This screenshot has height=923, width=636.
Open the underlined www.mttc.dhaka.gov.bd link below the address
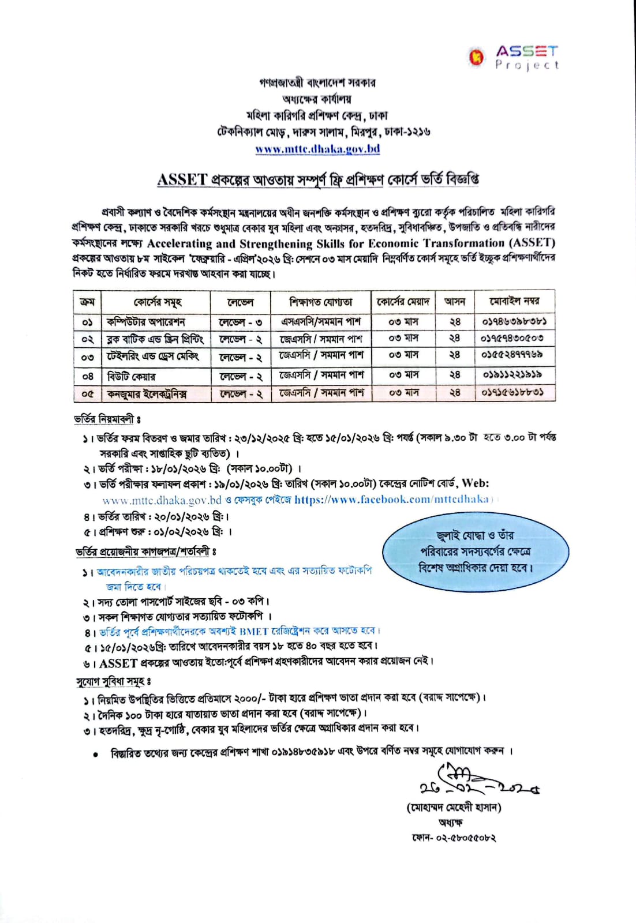tap(317, 149)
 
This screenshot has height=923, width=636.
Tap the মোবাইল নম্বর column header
tap(514, 301)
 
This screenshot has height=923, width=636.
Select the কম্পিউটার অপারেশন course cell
tap(146, 322)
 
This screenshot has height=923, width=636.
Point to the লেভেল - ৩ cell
tap(241, 322)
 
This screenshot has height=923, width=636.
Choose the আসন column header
tap(455, 301)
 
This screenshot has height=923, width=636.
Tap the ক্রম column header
tap(87, 302)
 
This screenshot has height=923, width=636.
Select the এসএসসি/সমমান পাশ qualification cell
tap(321, 321)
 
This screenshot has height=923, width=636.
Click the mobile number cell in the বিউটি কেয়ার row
tap(512, 375)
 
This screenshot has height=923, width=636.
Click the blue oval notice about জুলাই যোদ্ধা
tap(476, 551)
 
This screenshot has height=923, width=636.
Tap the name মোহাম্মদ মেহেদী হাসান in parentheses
tap(454, 808)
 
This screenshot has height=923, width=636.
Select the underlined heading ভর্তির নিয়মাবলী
tap(107, 419)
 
